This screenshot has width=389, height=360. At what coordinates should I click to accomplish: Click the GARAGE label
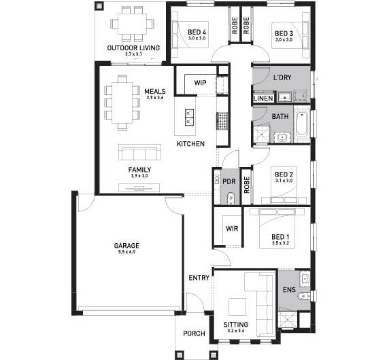pyautogui.click(x=126, y=245)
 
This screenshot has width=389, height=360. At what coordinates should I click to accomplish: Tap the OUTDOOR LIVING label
pyautogui.click(x=133, y=48)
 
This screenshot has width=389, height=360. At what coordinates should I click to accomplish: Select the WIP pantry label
pyautogui.click(x=200, y=82)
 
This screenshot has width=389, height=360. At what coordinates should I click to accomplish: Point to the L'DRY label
pyautogui.click(x=282, y=78)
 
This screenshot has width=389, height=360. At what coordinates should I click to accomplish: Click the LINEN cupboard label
pyautogui.click(x=263, y=98)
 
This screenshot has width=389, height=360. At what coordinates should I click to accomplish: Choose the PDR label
pyautogui.click(x=229, y=181)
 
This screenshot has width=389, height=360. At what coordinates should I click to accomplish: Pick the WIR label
pyautogui.click(x=232, y=229)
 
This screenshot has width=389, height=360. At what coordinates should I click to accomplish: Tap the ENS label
pyautogui.click(x=288, y=290)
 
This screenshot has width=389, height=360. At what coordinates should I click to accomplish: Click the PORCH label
pyautogui.click(x=195, y=334)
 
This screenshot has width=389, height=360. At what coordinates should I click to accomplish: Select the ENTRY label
pyautogui.click(x=199, y=278)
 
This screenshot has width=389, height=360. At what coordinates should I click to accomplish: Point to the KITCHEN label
pyautogui.click(x=190, y=144)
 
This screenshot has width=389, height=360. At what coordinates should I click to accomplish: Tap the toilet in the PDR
pyautogui.click(x=231, y=198)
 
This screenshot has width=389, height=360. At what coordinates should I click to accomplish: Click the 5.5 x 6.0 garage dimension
pyautogui.click(x=126, y=252)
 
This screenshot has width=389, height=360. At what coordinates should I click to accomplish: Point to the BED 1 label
pyautogui.click(x=281, y=236)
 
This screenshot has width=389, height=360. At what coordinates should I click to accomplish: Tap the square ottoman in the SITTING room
pyautogui.click(x=237, y=306)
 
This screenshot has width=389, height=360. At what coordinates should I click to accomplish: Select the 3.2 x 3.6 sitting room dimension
pyautogui.click(x=236, y=332)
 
